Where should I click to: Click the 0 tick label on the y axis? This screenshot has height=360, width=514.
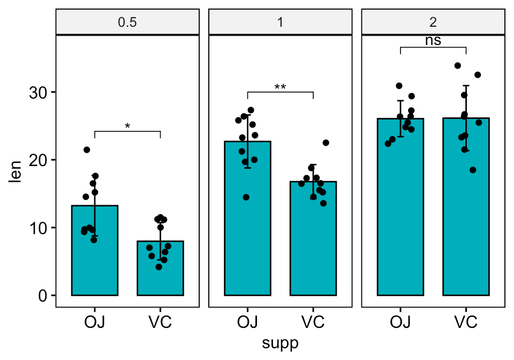(43, 296)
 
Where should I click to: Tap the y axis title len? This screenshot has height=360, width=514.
(16, 171)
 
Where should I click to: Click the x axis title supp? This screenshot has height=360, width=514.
(280, 343)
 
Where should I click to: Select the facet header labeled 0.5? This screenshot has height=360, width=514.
(127, 22)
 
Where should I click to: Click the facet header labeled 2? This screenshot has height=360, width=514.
(433, 22)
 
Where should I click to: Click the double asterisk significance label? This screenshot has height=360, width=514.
(280, 87)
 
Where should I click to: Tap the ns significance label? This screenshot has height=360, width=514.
(433, 41)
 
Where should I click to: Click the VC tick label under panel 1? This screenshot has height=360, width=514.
(313, 322)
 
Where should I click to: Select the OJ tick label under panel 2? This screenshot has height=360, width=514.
(400, 322)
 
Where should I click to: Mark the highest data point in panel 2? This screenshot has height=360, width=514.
(458, 65)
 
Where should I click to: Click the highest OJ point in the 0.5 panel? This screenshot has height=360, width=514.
(87, 150)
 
